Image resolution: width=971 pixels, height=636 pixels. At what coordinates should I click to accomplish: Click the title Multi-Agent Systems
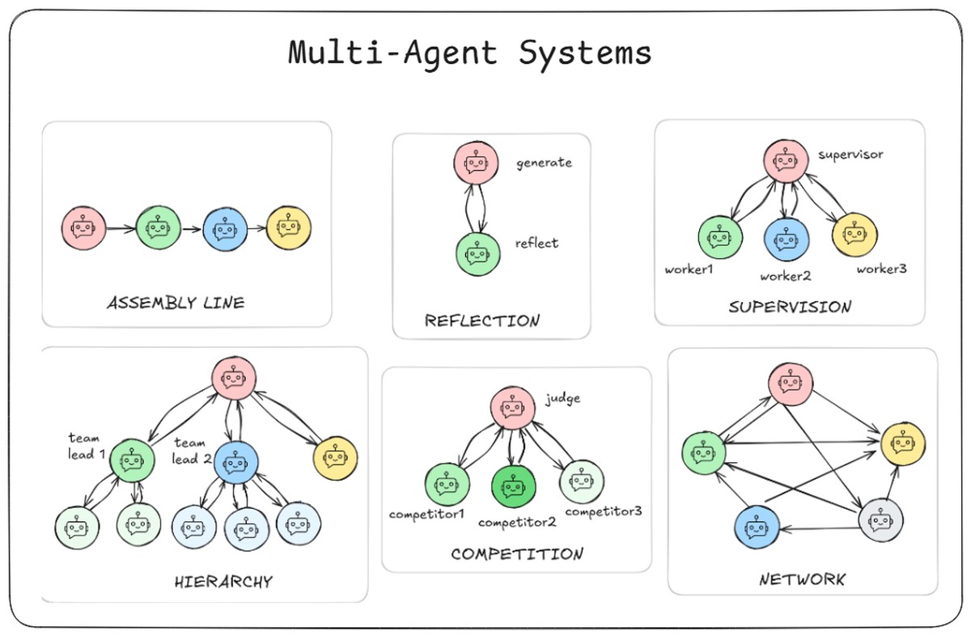tap(470, 53)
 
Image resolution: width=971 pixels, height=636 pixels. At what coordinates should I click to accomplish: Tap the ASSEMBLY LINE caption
tap(176, 303)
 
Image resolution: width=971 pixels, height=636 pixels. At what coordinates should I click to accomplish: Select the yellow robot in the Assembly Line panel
tap(289, 229)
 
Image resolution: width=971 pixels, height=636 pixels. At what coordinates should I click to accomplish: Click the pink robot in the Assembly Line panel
tap(83, 229)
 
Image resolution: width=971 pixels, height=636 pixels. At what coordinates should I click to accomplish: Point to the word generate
tap(544, 163)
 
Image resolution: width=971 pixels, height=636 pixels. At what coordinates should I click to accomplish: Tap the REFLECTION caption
tap(481, 320)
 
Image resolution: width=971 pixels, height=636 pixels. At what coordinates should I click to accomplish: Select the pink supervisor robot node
tap(784, 160)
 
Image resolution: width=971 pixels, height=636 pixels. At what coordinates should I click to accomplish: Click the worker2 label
tap(785, 276)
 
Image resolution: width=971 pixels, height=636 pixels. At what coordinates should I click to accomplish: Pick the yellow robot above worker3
tap(854, 235)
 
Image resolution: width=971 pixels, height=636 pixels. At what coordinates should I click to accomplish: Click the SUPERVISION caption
tap(790, 307)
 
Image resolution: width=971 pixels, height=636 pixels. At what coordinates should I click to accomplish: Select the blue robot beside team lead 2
tap(235, 464)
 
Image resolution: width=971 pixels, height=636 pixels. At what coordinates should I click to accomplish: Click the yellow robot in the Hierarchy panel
tap(335, 459)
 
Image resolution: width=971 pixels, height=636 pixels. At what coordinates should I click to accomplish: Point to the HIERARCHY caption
tap(223, 581)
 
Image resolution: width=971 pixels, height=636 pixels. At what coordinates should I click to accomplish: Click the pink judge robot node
tap(511, 407)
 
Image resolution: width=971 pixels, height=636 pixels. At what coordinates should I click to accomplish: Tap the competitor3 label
tap(604, 511)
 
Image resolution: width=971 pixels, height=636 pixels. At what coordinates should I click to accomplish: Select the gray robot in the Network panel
tap(881, 519)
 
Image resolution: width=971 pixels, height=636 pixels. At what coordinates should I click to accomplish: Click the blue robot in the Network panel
tap(757, 528)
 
